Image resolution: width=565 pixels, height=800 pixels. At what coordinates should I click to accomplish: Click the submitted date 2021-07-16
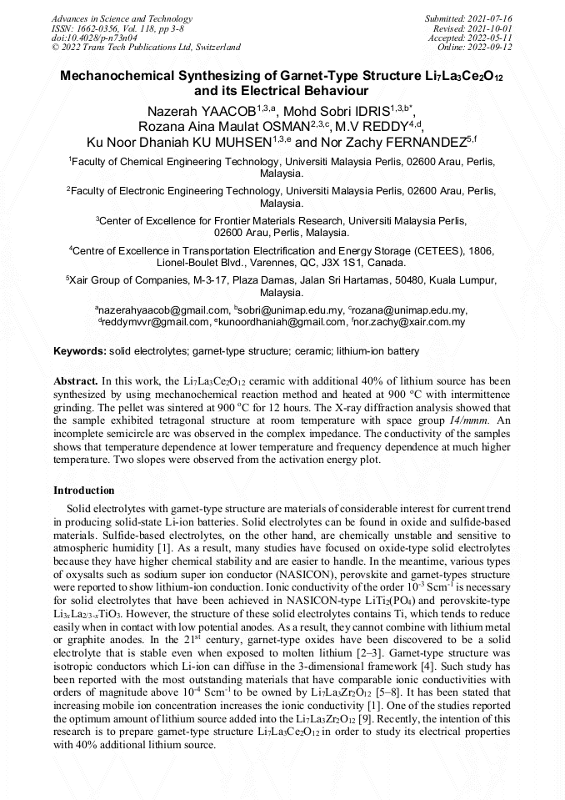click(x=493, y=18)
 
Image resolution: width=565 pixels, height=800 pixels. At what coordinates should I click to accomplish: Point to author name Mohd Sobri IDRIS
click(x=346, y=111)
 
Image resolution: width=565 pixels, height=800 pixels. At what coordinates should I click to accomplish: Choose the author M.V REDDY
click(x=373, y=126)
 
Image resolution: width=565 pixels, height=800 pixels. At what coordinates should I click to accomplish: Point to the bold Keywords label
click(x=79, y=352)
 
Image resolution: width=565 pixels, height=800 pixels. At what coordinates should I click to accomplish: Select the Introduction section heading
click(x=84, y=490)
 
